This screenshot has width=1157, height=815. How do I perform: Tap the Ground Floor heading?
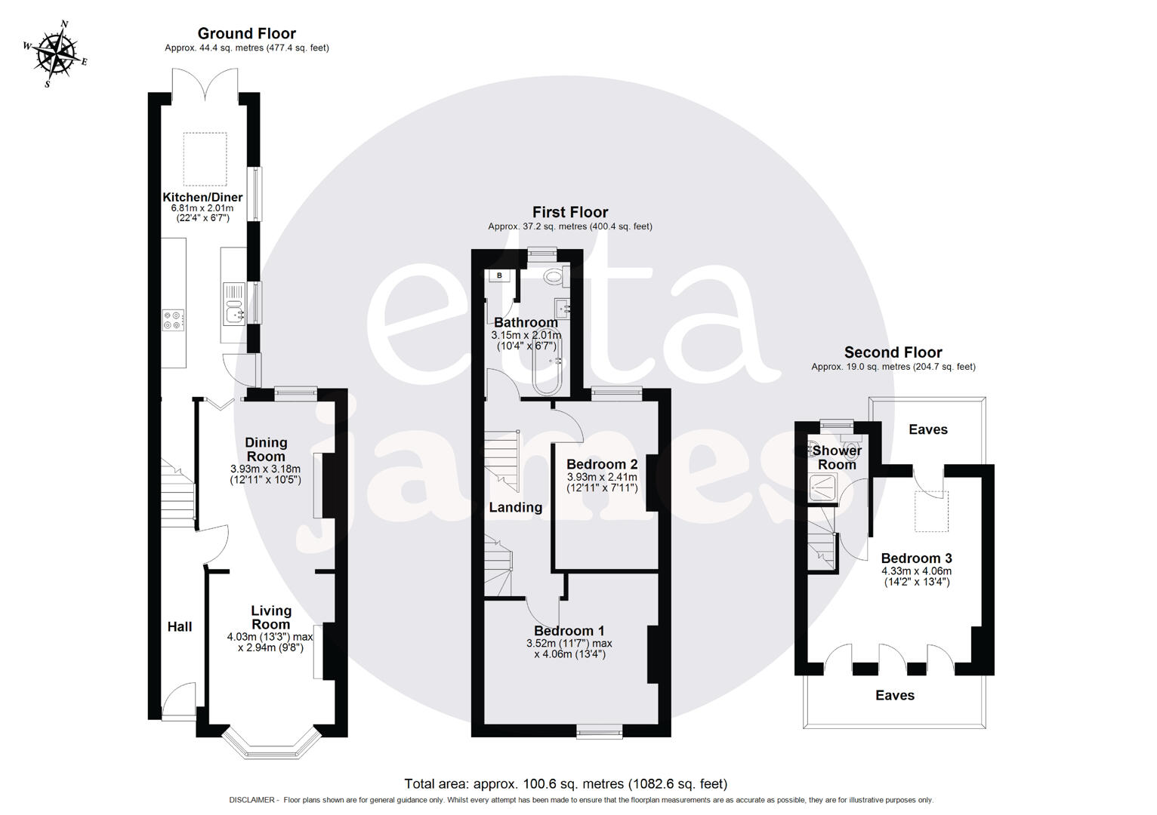(x=246, y=33)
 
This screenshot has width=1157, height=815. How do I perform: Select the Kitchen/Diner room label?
(x=202, y=197)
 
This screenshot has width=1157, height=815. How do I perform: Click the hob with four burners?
(x=173, y=320)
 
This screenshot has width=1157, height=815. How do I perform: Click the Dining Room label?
(x=266, y=449)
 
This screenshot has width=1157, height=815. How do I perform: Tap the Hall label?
(x=180, y=626)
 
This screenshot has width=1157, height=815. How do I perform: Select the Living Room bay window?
(x=271, y=743)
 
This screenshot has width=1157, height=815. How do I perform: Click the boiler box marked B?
(x=499, y=275)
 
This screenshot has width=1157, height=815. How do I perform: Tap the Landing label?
(x=515, y=507)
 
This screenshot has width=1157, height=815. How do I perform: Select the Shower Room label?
(x=837, y=457)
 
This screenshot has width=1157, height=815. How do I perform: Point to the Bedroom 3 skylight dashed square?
(x=932, y=511)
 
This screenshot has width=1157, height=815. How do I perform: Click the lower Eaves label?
(x=895, y=695)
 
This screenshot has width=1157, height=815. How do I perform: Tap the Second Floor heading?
(x=893, y=352)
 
